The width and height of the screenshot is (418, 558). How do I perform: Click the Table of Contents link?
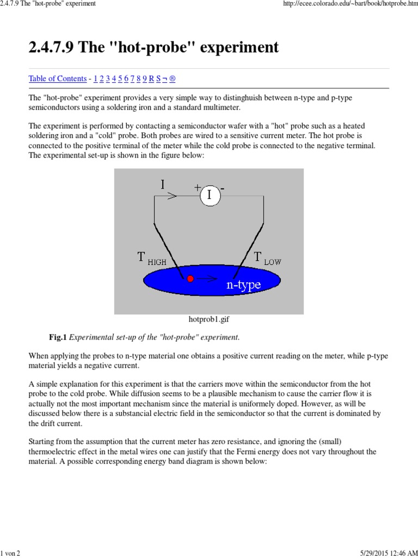pos(57,78)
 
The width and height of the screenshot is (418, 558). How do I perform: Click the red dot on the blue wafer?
pos(190,278)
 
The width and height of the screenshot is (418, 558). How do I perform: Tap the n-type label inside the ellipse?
pos(243,284)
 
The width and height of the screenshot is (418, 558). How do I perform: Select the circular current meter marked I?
pos(210,195)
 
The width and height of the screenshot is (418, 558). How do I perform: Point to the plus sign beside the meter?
pos(197,187)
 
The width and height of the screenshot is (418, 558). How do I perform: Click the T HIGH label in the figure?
pos(152,258)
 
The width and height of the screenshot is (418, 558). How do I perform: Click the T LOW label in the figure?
pos(267,258)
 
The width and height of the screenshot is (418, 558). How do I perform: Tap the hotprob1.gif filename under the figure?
pos(208,320)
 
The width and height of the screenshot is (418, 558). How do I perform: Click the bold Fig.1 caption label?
pos(58,337)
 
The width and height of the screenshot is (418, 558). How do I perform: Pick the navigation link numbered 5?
pos(120,78)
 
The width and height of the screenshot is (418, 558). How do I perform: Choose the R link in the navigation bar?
pos(151,78)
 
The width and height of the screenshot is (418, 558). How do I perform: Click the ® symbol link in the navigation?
pos(173,78)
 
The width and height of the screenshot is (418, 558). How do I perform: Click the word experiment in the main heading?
pos(240,47)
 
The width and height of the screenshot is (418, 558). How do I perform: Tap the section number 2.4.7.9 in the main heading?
pos(52,47)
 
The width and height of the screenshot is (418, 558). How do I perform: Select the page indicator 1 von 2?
pos(10,554)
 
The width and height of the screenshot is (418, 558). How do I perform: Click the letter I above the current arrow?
pos(162,184)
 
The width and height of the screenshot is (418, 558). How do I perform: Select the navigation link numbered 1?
pos(96,78)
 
